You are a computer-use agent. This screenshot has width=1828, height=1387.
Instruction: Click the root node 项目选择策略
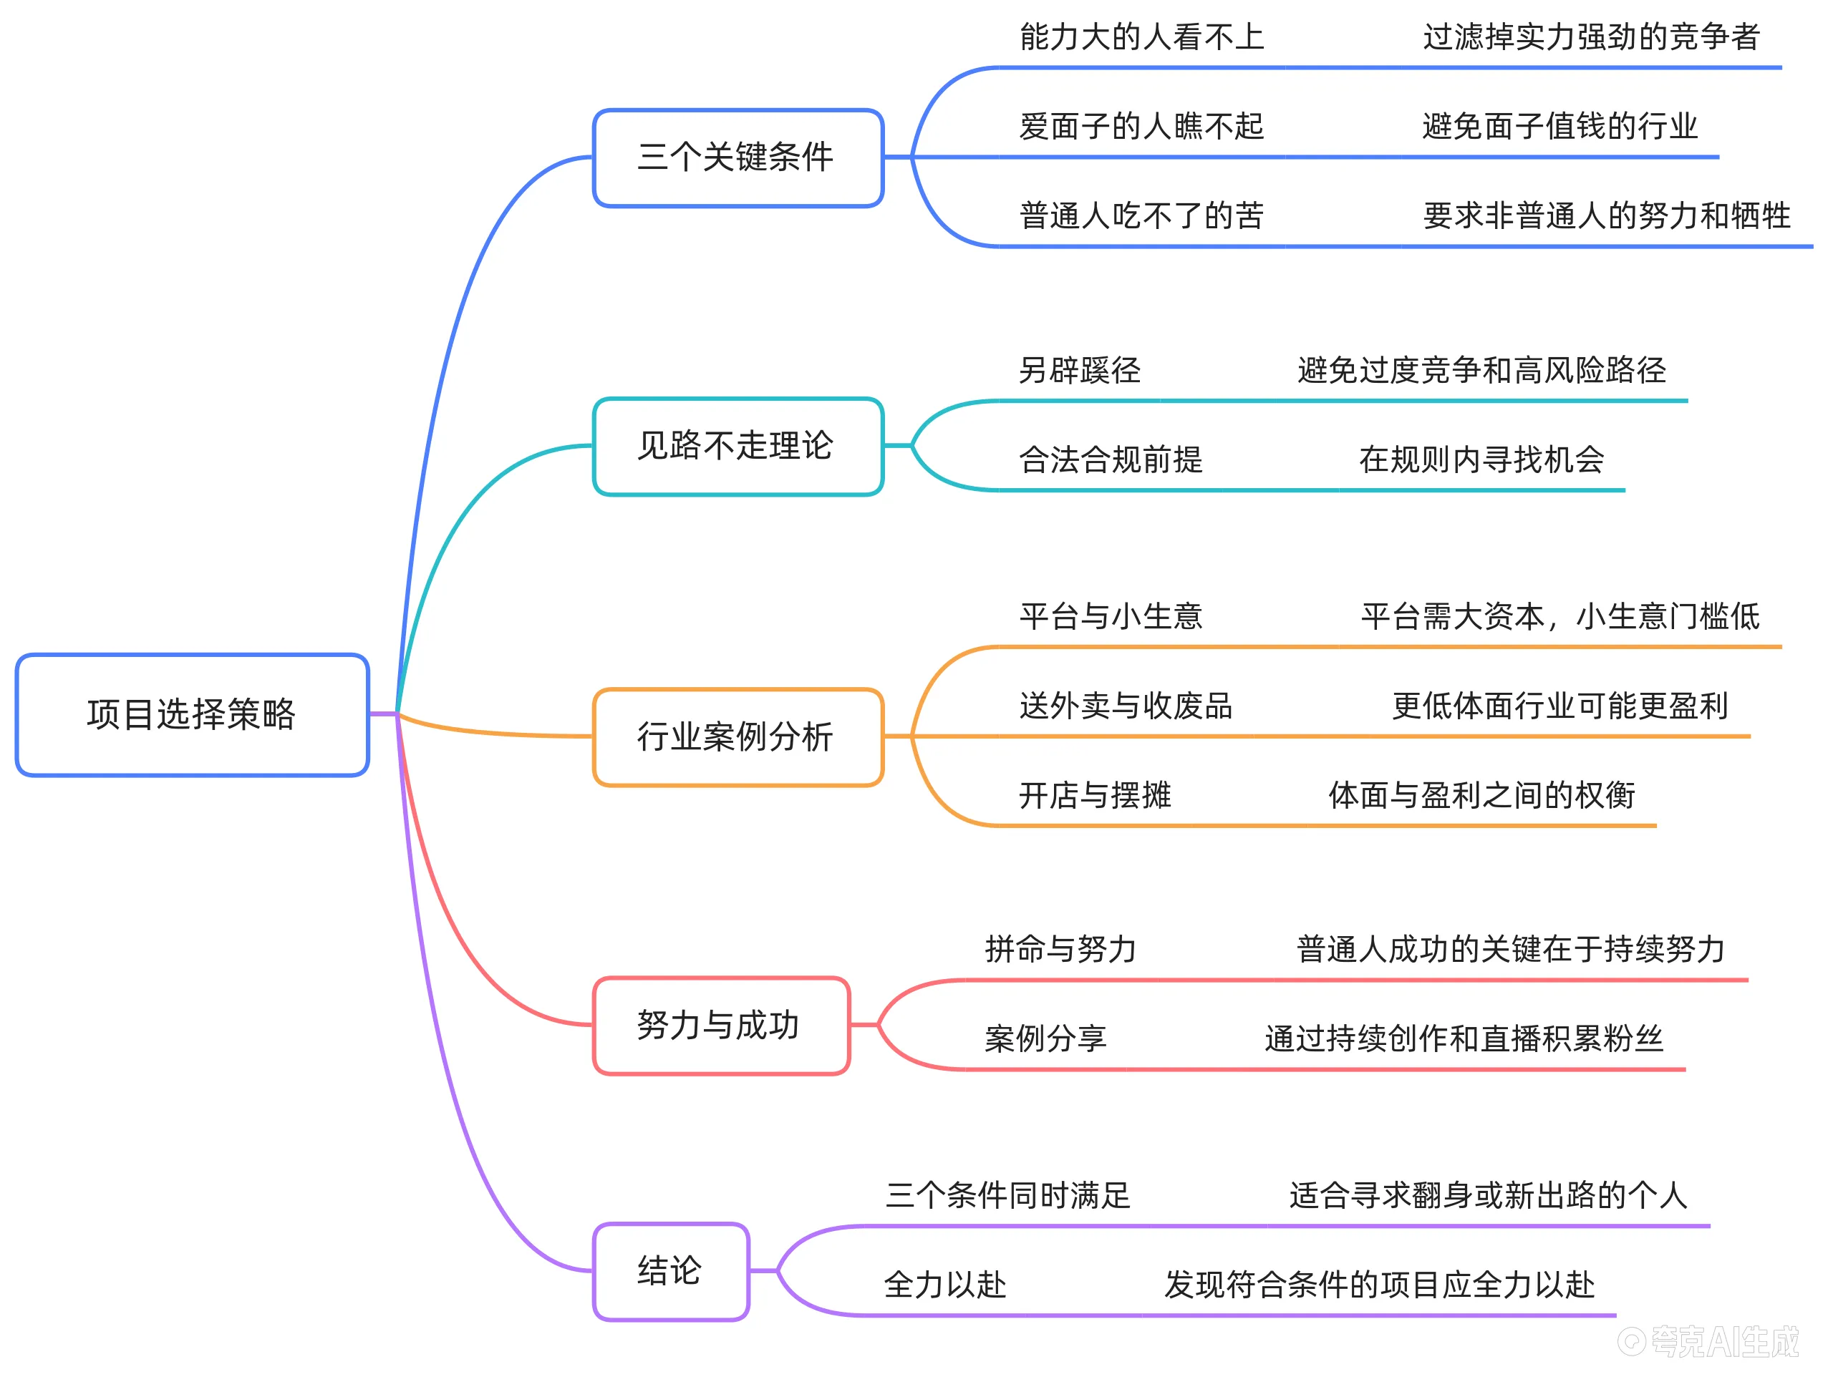point(192,714)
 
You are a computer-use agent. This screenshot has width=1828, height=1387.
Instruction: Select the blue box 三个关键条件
point(738,157)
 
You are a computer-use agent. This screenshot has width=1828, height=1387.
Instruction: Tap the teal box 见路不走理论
point(738,446)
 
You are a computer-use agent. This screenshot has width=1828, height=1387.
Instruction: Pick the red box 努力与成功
point(720,1025)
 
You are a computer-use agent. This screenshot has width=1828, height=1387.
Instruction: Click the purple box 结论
point(670,1270)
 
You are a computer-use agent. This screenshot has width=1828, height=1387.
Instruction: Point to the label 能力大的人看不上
point(1141,37)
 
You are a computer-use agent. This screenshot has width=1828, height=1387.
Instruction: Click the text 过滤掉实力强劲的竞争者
point(1591,37)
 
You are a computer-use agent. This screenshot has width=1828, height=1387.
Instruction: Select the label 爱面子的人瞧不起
point(1141,127)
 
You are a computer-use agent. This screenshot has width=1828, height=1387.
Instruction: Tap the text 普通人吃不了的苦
point(1141,215)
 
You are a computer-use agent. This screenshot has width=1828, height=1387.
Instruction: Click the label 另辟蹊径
point(1079,370)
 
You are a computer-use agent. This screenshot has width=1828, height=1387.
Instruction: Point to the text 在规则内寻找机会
point(1481,459)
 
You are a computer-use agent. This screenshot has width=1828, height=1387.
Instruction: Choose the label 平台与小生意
point(1111,616)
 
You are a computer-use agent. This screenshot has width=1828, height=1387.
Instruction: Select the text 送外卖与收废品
point(1126,706)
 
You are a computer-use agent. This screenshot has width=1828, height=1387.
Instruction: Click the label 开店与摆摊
point(1095,794)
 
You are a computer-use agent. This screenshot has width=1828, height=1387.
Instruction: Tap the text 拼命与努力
point(1060,949)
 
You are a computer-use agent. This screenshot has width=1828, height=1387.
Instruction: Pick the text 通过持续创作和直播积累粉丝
point(1464,1038)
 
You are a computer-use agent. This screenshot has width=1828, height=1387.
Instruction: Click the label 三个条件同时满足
point(1007,1195)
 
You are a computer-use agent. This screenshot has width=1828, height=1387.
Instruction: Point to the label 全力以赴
point(944,1285)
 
